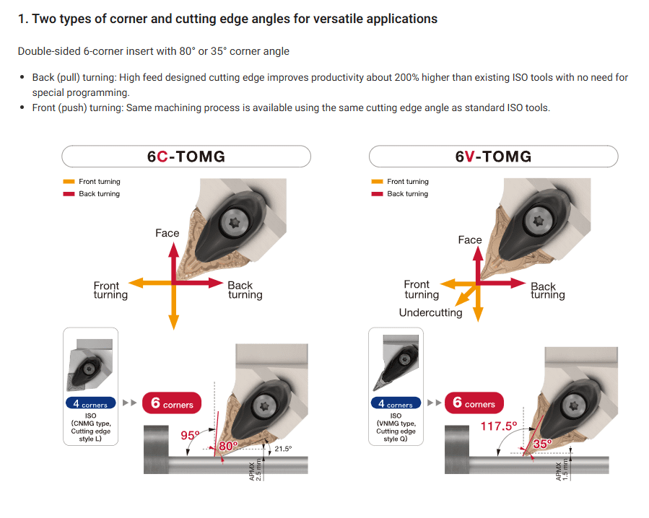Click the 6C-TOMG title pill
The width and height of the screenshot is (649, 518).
click(x=186, y=157)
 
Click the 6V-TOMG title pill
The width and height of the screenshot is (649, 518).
click(x=493, y=157)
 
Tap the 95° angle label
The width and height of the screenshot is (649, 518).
click(x=190, y=435)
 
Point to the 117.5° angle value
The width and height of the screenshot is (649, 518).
click(x=499, y=426)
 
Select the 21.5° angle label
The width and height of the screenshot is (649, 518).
click(x=283, y=449)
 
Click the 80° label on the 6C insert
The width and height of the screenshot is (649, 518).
click(x=228, y=446)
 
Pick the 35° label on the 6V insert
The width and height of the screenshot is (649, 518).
click(x=542, y=444)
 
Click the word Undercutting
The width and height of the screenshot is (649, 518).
click(x=430, y=313)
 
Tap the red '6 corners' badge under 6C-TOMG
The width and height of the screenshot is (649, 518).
click(x=172, y=403)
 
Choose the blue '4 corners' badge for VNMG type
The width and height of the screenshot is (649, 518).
click(x=396, y=403)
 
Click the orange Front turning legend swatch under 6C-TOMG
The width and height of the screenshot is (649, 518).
click(x=69, y=182)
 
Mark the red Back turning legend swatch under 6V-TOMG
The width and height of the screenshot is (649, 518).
click(x=377, y=193)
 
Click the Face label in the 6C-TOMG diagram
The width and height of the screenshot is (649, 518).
click(x=167, y=233)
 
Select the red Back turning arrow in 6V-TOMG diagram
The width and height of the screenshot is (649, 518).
click(x=502, y=284)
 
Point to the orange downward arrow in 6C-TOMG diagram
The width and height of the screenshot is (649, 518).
click(x=174, y=307)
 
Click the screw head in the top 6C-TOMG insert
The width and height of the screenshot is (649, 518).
click(x=235, y=223)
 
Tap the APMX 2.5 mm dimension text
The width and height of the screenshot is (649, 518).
click(x=256, y=470)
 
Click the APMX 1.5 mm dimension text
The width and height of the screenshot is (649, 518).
click(x=562, y=470)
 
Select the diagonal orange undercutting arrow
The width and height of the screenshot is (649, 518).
click(x=466, y=294)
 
